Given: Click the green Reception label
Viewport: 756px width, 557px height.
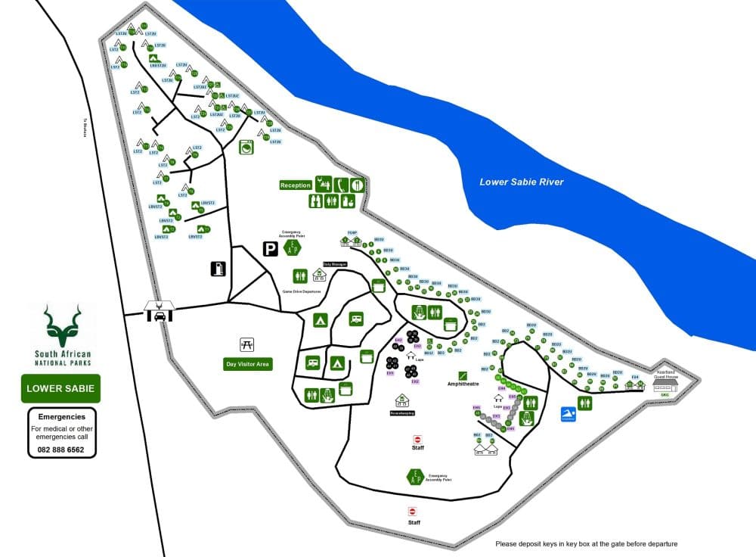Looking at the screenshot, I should [296, 185].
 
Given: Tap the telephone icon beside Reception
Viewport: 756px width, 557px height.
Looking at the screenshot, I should [342, 184].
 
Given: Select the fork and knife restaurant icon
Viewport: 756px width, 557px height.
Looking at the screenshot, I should [357, 184].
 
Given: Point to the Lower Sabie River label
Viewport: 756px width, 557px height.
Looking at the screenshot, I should [522, 182].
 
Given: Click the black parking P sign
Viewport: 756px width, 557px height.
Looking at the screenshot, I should [269, 248].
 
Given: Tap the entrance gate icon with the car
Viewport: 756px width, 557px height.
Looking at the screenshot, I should [160, 310].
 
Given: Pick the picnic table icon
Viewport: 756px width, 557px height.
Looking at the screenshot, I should [246, 345].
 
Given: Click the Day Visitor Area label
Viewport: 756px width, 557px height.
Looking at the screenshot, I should [247, 364].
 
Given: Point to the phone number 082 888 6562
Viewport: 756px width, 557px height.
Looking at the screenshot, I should [61, 450].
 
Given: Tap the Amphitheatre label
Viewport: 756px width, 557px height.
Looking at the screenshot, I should [463, 384].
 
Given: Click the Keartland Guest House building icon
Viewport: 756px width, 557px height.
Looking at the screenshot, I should [665, 384].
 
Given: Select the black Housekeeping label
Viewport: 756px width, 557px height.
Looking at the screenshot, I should [403, 413].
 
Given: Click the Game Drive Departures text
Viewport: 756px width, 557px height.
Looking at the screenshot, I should [302, 291].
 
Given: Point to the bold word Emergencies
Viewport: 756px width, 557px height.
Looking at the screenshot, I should [61, 416].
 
